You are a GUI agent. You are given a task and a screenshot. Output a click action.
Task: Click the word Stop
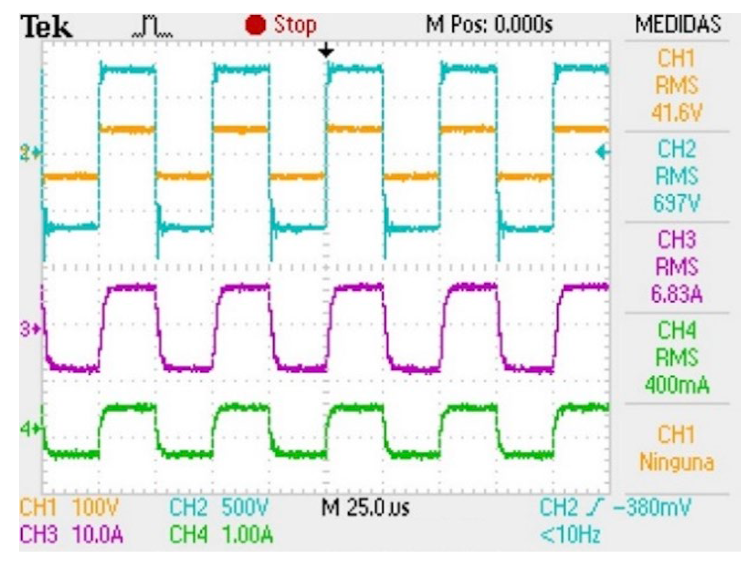point(295,25)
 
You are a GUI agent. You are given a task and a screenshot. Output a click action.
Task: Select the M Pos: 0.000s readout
point(489,25)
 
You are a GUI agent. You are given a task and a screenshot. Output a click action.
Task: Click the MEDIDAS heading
point(678,25)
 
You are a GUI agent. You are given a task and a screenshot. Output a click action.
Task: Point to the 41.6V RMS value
point(677,112)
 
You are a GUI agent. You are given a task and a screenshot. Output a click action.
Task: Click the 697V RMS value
point(677,203)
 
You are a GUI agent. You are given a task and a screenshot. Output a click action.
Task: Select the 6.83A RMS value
point(677,294)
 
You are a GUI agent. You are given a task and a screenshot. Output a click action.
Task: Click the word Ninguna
point(677,462)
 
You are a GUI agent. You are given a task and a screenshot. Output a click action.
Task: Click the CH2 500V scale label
point(219,507)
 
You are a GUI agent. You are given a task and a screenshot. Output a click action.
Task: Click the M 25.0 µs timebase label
point(365,507)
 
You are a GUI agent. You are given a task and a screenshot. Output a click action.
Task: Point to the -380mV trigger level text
point(652,507)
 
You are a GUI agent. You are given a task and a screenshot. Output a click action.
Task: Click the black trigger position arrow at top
point(326,50)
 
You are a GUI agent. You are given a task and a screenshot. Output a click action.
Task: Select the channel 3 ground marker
point(30,328)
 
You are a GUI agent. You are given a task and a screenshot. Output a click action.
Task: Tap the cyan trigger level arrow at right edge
point(603,152)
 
